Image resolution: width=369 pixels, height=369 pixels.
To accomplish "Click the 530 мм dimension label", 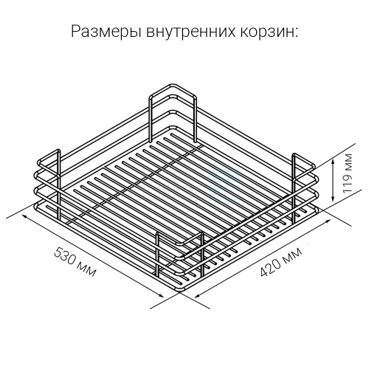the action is (75, 262).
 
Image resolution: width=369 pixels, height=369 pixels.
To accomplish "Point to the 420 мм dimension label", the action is (281, 262).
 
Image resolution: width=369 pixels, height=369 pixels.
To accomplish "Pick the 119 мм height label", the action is (348, 174).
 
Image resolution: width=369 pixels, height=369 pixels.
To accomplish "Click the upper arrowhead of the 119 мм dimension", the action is (333, 162).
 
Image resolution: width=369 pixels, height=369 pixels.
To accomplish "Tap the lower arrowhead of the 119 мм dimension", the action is (333, 199).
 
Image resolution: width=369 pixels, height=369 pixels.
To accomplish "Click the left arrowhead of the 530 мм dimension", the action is (25, 216).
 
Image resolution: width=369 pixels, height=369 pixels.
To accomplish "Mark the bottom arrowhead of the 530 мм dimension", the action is (160, 295).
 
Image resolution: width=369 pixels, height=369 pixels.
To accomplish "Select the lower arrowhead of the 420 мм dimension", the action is (197, 296).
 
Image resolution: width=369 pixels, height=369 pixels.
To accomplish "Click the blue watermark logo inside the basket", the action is (224, 184).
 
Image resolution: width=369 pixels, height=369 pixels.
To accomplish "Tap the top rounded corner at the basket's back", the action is (172, 86).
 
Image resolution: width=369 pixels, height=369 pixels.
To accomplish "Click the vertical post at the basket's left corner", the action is (58, 184).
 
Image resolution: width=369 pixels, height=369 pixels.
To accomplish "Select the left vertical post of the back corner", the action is (151, 120).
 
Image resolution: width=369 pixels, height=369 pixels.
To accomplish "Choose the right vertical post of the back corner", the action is (195, 120).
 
